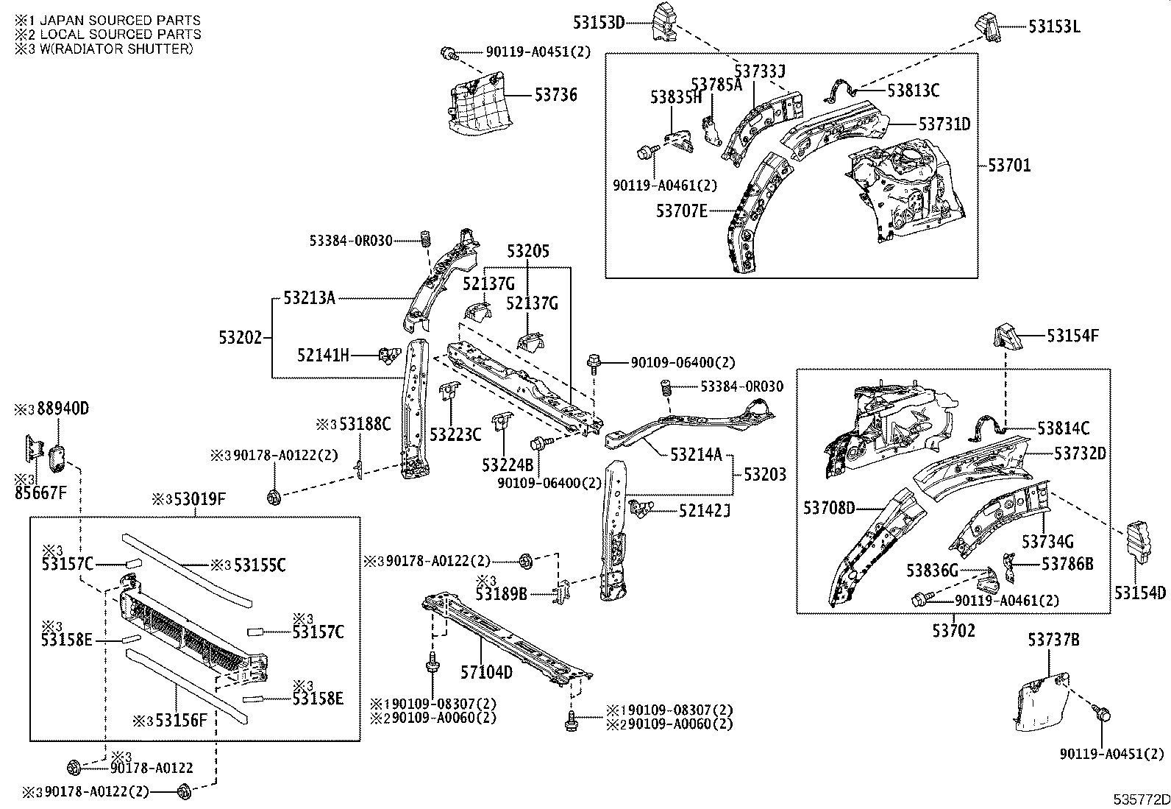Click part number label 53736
point(555,95)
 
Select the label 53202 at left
point(240,338)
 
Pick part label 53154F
point(1072,336)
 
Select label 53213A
point(309,298)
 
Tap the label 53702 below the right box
point(953,631)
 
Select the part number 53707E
point(681,211)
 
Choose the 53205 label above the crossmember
point(527,252)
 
